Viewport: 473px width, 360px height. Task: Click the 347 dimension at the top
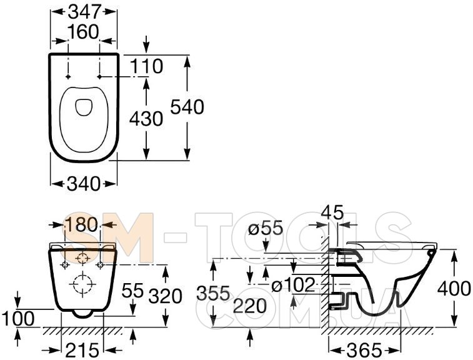(x=84, y=12)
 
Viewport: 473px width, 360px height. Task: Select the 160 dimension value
(x=83, y=32)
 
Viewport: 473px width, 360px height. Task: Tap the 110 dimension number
(x=147, y=66)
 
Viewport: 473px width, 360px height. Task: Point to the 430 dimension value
(x=146, y=119)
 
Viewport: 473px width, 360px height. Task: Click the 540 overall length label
(x=187, y=107)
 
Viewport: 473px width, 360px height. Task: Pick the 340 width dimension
(x=83, y=184)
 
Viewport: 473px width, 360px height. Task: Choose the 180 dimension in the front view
(x=81, y=225)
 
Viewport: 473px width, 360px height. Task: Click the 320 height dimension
(x=166, y=296)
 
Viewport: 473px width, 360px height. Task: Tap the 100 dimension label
(x=17, y=318)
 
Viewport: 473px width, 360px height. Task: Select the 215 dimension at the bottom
(x=82, y=351)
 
